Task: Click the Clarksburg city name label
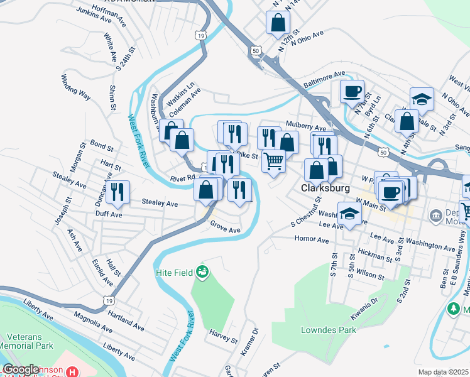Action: [324, 188]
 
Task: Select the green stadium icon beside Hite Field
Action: [202, 272]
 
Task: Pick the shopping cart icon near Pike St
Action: [273, 161]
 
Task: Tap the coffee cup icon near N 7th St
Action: [352, 91]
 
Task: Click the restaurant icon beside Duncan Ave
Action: [117, 192]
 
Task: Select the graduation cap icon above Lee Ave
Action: [349, 213]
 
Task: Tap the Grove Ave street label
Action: [226, 227]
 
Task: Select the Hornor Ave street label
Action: [312, 239]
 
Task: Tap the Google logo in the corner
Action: [20, 369]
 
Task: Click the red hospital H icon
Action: [74, 371]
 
